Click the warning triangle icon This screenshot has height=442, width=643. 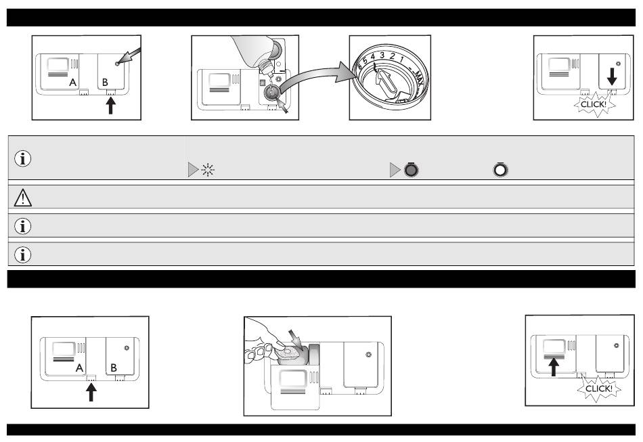pyautogui.click(x=23, y=196)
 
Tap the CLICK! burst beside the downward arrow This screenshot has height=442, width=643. pyautogui.click(x=593, y=106)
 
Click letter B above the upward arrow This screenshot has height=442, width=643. pyautogui.click(x=105, y=84)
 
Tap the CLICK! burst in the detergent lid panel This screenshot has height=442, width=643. pyautogui.click(x=597, y=389)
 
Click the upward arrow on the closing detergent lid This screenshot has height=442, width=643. pyautogui.click(x=554, y=366)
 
